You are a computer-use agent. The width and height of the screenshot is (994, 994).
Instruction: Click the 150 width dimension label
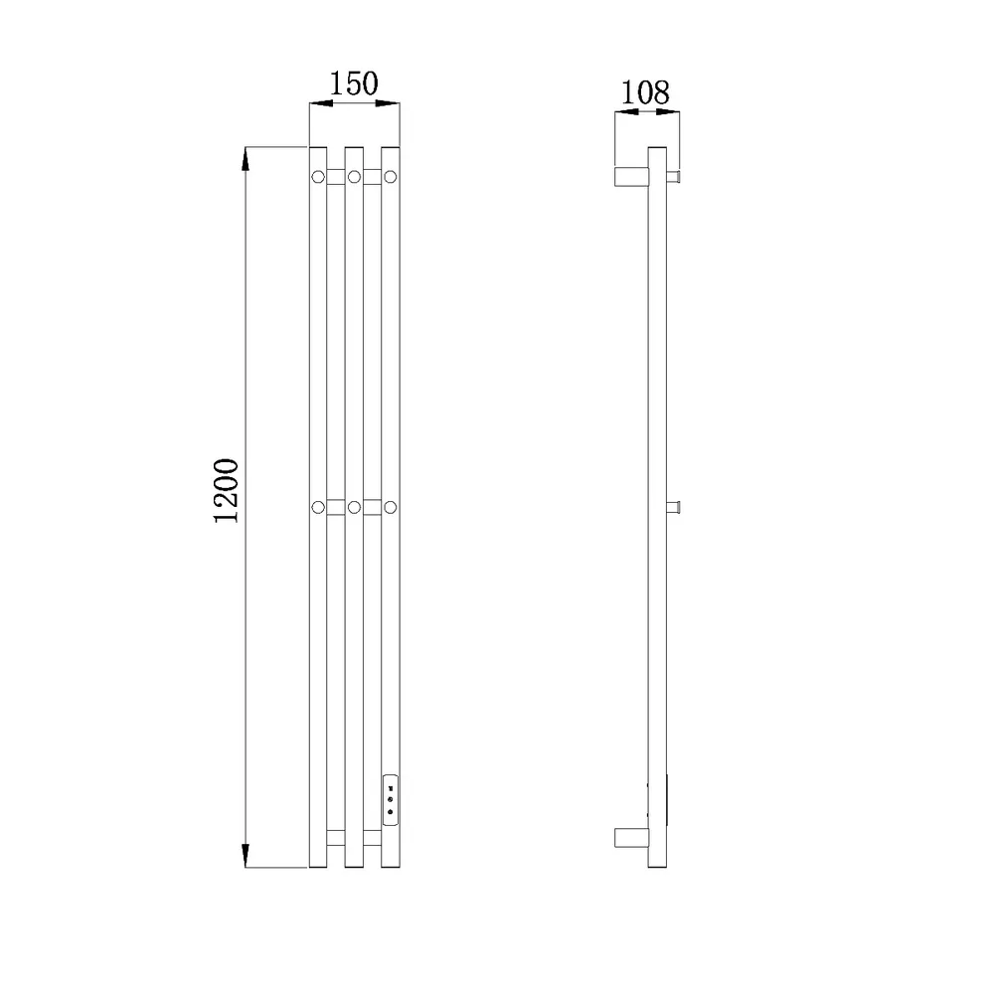pos(354,83)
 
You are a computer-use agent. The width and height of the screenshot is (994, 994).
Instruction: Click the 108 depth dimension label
pos(645,92)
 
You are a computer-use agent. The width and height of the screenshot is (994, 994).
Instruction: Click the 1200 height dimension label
pos(226,490)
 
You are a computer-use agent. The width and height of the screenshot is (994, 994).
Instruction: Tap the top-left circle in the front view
pos(318,177)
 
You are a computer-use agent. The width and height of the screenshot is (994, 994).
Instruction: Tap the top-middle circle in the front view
pos(355,177)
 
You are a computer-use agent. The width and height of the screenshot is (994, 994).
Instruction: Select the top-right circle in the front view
pos(391,177)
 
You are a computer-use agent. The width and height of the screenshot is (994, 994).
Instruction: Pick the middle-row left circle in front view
pos(318,507)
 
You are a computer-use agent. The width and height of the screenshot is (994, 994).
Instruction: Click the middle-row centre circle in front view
pos(355,507)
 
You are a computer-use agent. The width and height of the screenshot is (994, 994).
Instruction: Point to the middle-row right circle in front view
pos(391,507)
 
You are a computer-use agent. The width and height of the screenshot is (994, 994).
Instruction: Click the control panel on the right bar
pos(391,800)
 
